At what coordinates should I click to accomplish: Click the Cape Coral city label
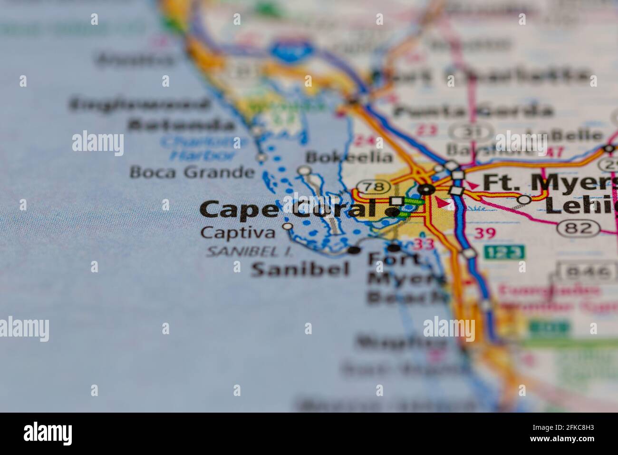pyautogui.click(x=288, y=209)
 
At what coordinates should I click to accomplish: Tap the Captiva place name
pyautogui.click(x=238, y=233)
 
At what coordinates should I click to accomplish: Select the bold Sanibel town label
pyautogui.click(x=300, y=269)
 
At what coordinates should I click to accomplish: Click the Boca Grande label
pyautogui.click(x=193, y=172)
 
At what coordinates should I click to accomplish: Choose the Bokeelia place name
pyautogui.click(x=349, y=157)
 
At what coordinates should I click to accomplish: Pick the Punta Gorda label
pyautogui.click(x=473, y=111)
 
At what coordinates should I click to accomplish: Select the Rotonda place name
pyautogui.click(x=181, y=125)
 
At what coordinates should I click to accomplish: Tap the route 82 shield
pyautogui.click(x=583, y=228)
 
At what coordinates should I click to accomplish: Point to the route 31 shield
pyautogui.click(x=466, y=132)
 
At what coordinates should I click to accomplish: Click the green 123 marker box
pyautogui.click(x=504, y=252)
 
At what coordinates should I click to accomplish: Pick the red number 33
pyautogui.click(x=423, y=244)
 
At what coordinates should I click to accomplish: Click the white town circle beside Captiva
pyautogui.click(x=287, y=227)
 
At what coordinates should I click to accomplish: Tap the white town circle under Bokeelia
pyautogui.click(x=303, y=170)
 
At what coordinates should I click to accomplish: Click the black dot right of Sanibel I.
pyautogui.click(x=354, y=250)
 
